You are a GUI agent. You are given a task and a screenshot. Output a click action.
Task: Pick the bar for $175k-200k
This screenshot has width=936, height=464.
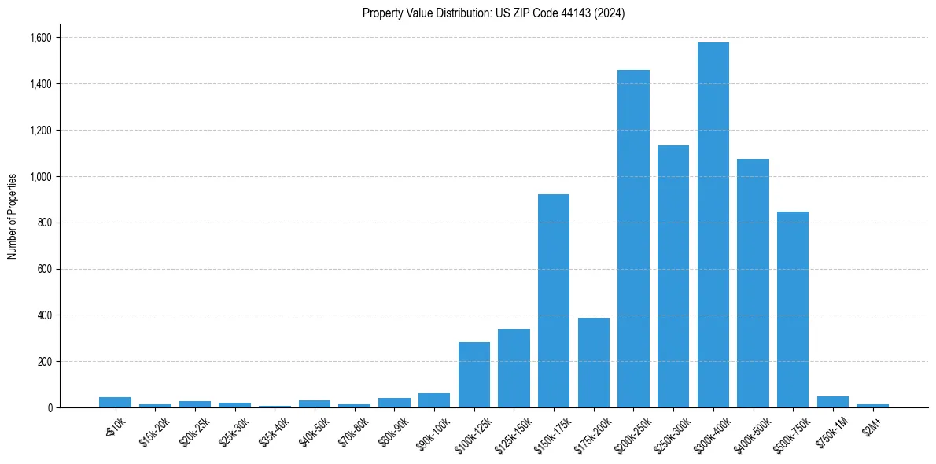click(594, 363)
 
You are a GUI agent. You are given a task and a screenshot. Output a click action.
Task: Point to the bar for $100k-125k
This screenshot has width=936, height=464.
click(474, 374)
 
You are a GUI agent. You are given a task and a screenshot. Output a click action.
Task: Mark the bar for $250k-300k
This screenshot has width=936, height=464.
click(673, 276)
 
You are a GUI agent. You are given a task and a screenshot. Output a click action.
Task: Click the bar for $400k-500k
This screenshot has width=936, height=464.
click(753, 283)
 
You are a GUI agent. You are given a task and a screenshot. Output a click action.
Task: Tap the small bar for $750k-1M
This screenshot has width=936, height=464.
click(832, 402)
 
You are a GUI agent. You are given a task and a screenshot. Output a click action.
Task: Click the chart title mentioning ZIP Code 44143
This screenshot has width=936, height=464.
click(493, 13)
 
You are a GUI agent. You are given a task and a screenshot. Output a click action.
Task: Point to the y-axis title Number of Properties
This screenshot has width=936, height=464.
click(13, 216)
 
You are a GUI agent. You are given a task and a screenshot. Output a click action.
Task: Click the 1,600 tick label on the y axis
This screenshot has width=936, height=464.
click(41, 38)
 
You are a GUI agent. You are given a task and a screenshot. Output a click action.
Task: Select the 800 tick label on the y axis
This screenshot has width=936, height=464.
click(44, 223)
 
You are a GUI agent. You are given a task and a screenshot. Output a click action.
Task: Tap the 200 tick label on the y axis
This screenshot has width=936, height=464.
click(44, 362)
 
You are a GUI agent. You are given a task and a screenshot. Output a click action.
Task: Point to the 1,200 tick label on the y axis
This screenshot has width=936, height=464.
click(41, 131)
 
